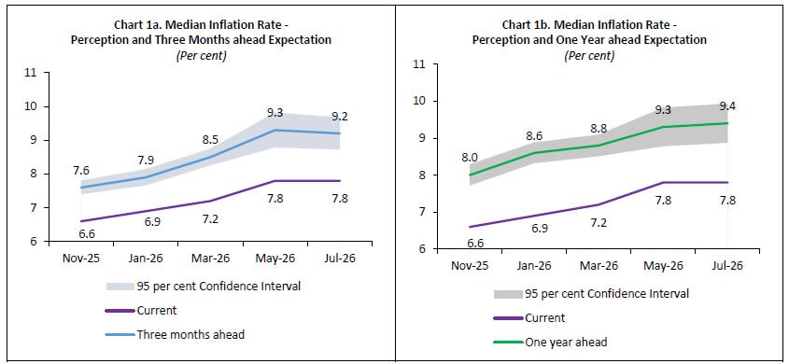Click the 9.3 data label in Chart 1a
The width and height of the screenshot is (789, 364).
[275, 113]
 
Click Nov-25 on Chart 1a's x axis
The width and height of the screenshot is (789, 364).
[81, 259]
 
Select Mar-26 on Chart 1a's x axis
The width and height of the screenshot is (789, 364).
[210, 259]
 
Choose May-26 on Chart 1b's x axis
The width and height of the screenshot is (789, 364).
[663, 265]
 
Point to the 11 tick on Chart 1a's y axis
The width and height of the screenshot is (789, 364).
[31, 73]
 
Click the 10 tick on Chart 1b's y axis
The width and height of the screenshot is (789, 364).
[418, 101]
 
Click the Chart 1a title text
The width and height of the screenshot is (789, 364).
[201, 32]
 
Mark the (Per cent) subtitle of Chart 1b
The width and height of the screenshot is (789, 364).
[589, 55]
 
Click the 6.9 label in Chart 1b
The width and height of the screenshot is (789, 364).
[539, 229]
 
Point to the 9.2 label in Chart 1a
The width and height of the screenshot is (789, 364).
[340, 116]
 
